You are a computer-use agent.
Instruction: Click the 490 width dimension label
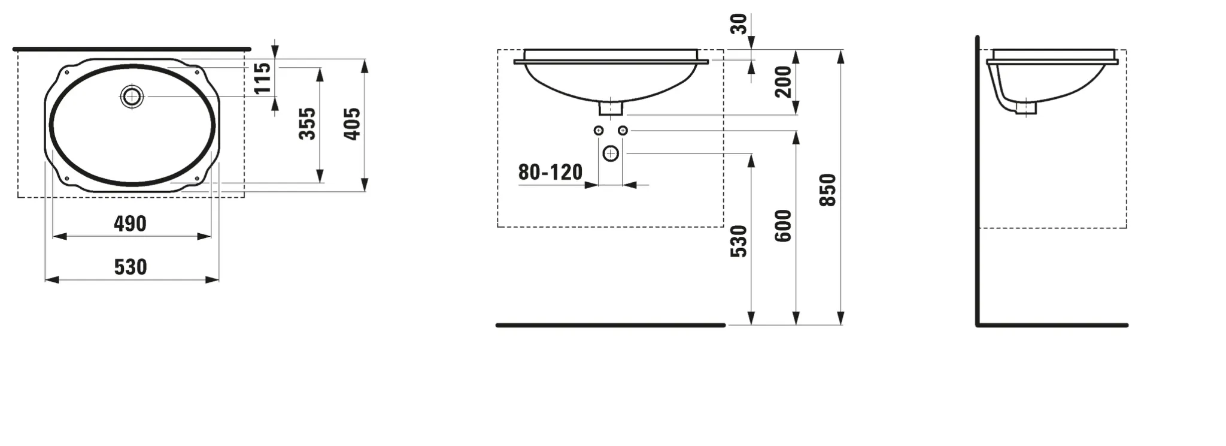(x=130, y=224)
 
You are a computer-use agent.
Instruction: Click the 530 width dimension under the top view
(x=130, y=267)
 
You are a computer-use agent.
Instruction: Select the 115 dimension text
(x=263, y=79)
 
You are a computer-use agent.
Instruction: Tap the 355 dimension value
(x=307, y=123)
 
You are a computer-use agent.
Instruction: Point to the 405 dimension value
(x=352, y=123)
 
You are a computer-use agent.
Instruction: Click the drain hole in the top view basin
(x=132, y=97)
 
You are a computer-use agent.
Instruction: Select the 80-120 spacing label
(x=550, y=172)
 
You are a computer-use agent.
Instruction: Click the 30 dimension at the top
(x=739, y=23)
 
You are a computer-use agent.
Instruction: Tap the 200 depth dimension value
(x=783, y=82)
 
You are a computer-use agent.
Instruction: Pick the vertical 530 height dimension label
(x=739, y=241)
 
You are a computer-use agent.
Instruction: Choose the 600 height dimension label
(x=783, y=225)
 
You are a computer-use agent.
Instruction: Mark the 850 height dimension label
(x=827, y=190)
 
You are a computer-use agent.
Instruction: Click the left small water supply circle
(x=598, y=130)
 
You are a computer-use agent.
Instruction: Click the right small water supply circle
(x=623, y=130)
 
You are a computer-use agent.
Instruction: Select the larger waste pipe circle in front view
(x=611, y=154)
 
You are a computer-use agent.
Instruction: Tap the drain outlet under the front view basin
(x=611, y=108)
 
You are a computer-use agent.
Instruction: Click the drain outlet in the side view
(x=1025, y=107)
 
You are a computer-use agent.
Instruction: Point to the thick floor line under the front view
(x=611, y=325)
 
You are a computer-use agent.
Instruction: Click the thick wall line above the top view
(x=132, y=49)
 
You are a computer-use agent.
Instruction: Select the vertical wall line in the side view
(x=977, y=180)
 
